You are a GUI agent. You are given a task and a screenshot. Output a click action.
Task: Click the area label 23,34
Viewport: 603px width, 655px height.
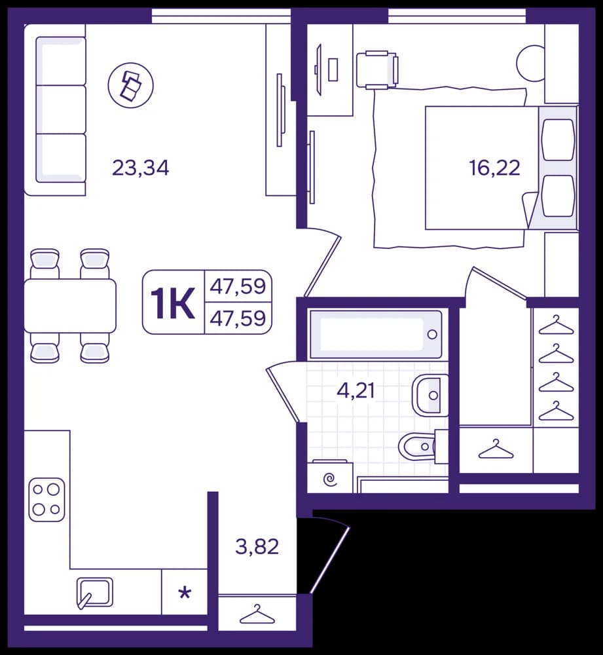point(141,168)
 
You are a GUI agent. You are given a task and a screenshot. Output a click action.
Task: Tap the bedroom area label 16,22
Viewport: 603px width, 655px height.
point(494,168)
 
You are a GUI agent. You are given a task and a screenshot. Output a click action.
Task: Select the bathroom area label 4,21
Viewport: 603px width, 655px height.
point(356,392)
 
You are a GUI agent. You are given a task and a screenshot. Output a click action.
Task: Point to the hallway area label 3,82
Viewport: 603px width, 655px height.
point(257,546)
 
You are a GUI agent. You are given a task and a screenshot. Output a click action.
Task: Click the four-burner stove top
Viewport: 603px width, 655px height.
point(46,500)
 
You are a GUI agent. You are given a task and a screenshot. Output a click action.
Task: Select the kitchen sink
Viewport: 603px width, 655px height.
point(95,592)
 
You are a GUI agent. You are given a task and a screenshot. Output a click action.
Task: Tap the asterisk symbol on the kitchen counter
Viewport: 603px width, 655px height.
point(185,593)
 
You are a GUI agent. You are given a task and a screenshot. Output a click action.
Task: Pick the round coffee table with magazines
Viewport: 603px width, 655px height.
point(131,85)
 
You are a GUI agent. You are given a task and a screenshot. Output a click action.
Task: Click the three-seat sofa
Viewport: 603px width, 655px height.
point(55,110)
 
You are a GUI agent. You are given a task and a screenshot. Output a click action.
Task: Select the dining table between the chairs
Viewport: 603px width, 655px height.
point(70,306)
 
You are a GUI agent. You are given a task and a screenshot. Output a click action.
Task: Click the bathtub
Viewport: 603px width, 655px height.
point(375,334)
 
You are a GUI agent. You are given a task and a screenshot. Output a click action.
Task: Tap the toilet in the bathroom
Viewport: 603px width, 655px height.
point(422,446)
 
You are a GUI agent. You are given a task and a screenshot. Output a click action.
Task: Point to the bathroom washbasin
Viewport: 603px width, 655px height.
point(430,395)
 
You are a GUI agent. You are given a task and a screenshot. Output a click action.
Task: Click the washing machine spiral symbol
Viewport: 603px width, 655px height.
point(331,479)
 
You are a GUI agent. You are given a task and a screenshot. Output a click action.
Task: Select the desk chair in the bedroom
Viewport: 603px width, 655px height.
point(377,70)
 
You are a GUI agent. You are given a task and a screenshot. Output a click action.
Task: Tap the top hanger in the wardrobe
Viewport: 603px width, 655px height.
point(556,325)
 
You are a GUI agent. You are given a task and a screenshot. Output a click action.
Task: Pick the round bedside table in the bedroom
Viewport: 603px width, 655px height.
point(531,63)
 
